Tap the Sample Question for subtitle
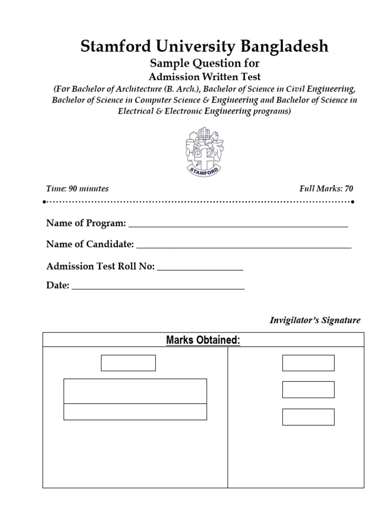[x=204, y=64]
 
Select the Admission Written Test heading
[x=204, y=77]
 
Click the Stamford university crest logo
[x=205, y=150]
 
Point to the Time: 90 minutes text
[x=78, y=189]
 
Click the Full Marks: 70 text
[x=326, y=189]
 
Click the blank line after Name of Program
[x=238, y=225]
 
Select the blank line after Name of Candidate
[x=244, y=246]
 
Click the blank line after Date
[x=158, y=287]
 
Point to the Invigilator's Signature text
[x=314, y=321]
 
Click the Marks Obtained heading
[x=203, y=340]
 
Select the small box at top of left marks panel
[x=128, y=363]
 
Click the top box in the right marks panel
[x=308, y=363]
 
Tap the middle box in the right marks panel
[x=308, y=389]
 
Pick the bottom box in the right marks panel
[x=308, y=416]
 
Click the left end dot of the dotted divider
[x=45, y=202]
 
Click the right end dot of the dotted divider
[x=353, y=202]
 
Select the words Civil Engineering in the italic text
[x=322, y=89]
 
